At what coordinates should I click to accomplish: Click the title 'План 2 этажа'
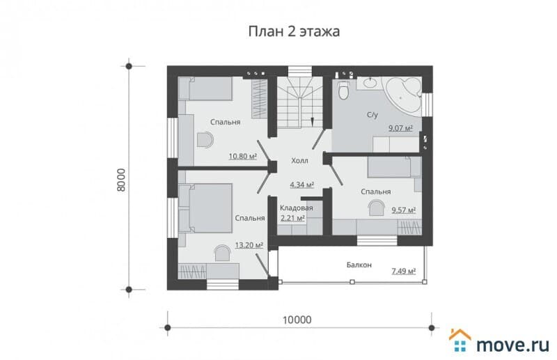tap(294, 31)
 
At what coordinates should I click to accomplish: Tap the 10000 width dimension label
tap(297, 320)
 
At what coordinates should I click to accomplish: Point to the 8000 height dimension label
tap(121, 180)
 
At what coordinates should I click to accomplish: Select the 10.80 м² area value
tap(242, 156)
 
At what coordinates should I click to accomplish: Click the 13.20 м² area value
tap(249, 245)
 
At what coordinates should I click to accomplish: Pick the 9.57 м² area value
tap(404, 210)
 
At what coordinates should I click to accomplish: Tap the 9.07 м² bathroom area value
tap(400, 128)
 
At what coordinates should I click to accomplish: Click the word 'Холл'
tap(299, 161)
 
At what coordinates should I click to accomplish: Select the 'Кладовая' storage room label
tap(297, 208)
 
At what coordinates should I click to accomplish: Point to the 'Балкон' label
tap(359, 265)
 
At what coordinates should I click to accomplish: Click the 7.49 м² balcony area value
tap(404, 271)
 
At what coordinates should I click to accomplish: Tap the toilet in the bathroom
tap(343, 91)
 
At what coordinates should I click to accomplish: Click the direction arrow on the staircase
tap(312, 122)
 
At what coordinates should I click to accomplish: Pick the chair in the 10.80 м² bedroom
tap(205, 139)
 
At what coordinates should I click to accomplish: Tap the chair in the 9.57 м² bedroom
tap(377, 208)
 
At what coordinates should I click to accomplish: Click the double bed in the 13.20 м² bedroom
tap(205, 208)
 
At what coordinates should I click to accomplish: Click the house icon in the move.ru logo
tap(460, 341)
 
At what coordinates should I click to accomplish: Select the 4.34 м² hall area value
tap(302, 185)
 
